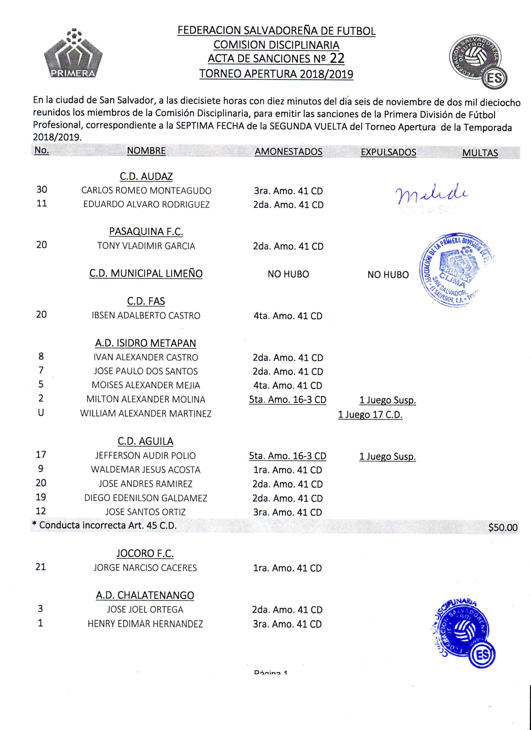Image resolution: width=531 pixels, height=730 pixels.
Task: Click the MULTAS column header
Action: coord(480,153)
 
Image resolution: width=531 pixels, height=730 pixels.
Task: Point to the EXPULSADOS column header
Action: coord(388,152)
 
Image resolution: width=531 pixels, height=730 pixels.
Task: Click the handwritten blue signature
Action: coord(431,194)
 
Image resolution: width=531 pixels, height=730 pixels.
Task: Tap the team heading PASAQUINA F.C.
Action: coord(146,232)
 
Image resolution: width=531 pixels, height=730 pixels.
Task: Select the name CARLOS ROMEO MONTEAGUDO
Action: coord(146,190)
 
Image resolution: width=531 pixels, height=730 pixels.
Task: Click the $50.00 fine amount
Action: coord(503,527)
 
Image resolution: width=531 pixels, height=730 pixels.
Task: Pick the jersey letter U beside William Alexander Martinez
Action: coord(41,413)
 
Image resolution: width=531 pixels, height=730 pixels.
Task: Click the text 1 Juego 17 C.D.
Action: coord(370,415)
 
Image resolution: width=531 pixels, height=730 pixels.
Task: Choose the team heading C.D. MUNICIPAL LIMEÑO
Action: coord(146,273)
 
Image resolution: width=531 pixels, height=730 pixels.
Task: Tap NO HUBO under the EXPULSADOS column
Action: coord(388,275)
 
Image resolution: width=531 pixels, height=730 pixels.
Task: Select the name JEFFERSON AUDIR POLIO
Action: coord(145,455)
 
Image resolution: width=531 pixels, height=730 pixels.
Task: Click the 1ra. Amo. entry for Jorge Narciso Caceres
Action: coord(287,568)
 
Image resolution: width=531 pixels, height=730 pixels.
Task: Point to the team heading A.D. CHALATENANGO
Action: coord(145,595)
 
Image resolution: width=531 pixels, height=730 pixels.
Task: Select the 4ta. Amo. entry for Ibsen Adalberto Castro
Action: coord(288,316)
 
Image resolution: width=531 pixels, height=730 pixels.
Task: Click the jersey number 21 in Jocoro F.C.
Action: coord(40,567)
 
